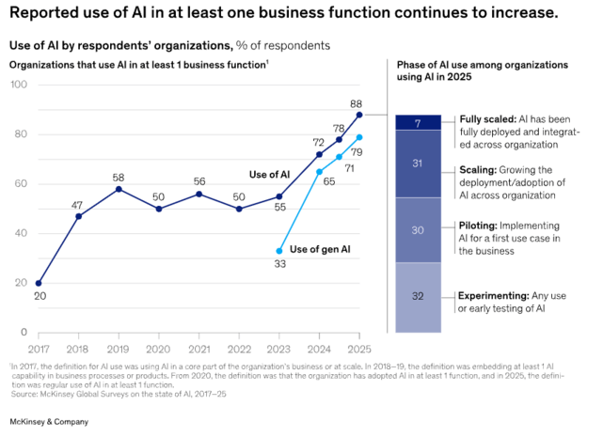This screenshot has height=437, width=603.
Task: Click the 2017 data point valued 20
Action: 39,283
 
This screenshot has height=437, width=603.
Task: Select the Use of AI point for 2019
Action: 119,189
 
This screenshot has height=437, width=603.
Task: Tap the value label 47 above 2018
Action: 78,204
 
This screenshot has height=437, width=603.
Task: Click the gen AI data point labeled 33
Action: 279,251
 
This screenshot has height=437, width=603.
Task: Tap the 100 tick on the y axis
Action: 18,85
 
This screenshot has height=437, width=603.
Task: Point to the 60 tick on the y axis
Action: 21,183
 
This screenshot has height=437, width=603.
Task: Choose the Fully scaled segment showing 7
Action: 418,122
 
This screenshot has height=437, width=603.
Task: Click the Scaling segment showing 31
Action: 418,164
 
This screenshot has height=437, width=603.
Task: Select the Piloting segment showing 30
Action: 418,230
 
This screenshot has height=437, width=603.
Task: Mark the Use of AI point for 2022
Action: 239,209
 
